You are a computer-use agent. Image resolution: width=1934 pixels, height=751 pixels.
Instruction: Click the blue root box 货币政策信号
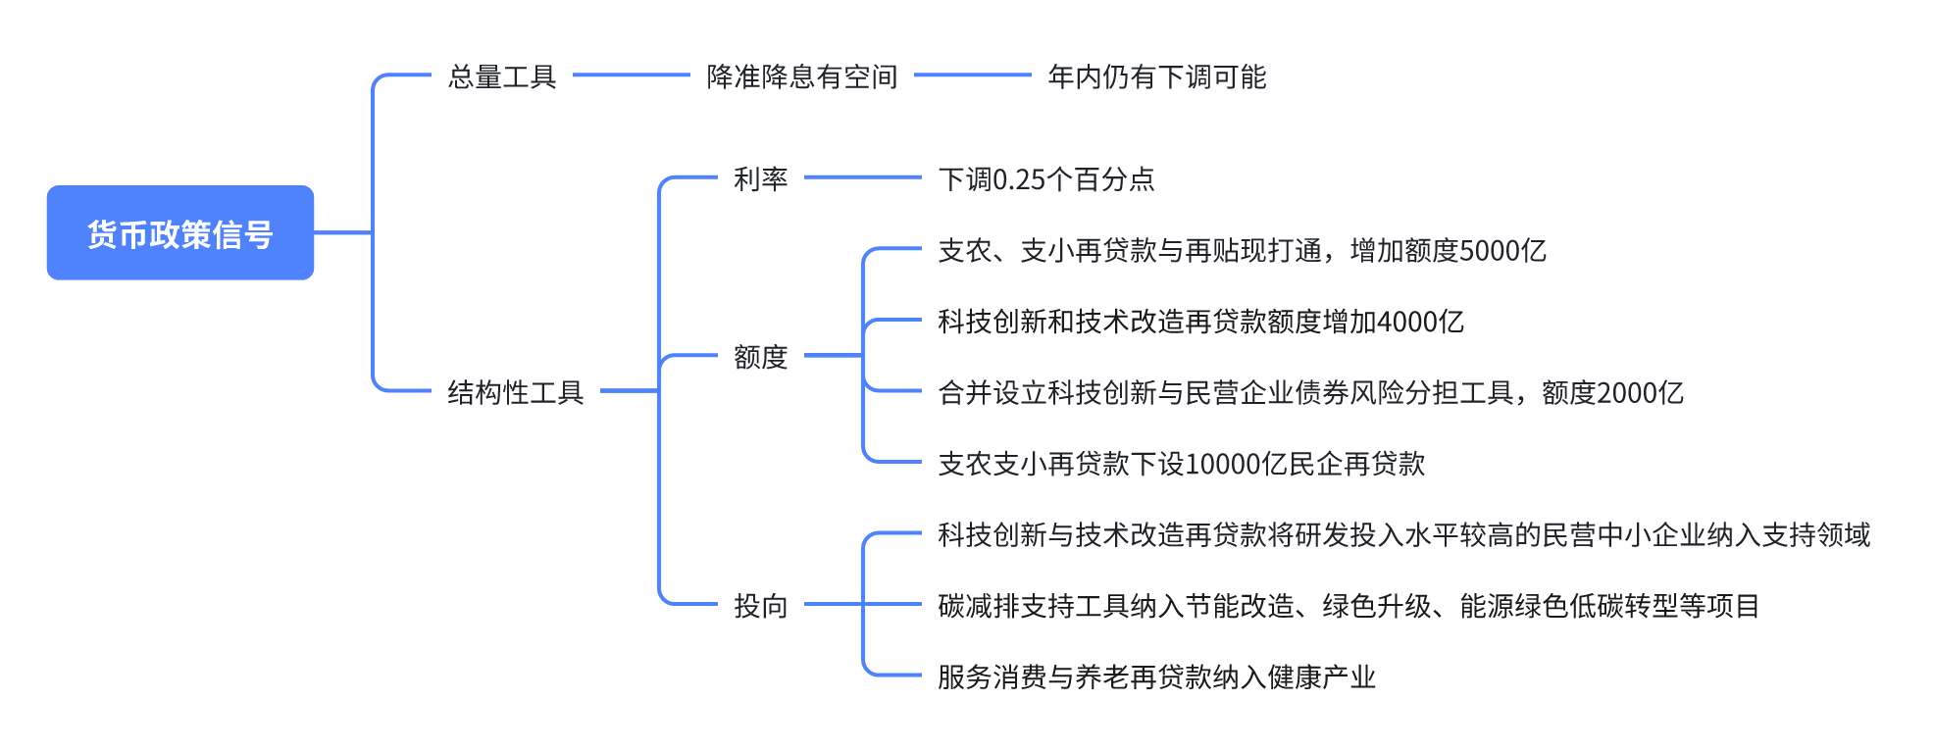click(180, 233)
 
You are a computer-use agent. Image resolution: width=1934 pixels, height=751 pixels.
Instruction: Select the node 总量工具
click(502, 76)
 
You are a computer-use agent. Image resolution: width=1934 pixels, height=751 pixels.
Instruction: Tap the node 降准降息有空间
click(802, 76)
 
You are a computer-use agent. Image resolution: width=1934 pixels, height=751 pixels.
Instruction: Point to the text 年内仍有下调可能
click(1157, 76)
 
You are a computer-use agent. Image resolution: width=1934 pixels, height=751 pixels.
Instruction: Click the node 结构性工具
click(516, 392)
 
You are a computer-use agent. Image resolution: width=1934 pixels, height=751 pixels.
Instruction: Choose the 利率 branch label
click(761, 179)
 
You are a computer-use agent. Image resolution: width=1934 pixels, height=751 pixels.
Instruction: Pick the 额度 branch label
click(761, 357)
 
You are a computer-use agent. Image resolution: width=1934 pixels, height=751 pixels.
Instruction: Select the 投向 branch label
click(761, 606)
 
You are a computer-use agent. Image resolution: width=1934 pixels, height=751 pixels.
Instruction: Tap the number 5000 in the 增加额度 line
click(1489, 251)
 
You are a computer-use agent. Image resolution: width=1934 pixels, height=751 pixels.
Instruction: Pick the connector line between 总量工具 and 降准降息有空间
click(632, 75)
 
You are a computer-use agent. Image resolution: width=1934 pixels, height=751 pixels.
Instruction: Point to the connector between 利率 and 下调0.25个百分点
click(863, 177)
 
